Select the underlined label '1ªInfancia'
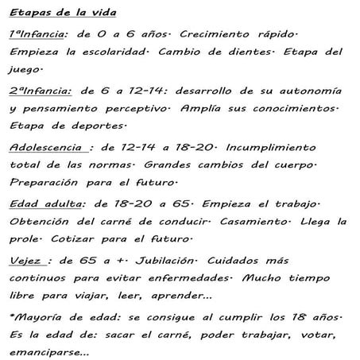[36, 37]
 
